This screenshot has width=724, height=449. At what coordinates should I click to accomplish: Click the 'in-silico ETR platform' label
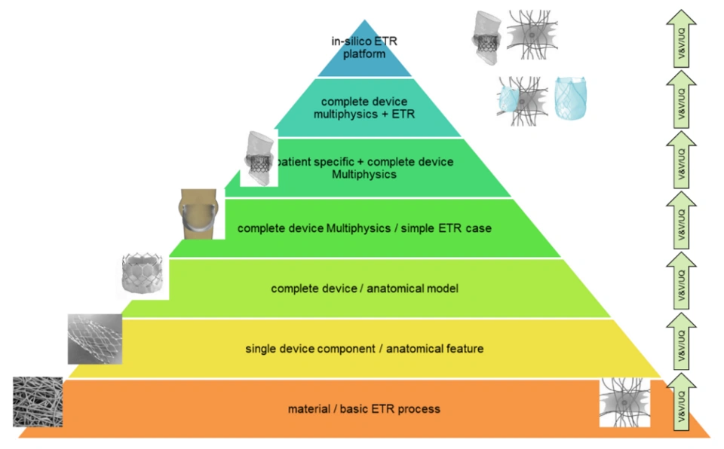pyautogui.click(x=364, y=47)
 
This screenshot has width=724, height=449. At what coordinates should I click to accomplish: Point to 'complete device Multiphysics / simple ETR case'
pyautogui.click(x=364, y=228)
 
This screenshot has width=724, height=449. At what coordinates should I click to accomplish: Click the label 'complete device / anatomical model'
pyautogui.click(x=365, y=288)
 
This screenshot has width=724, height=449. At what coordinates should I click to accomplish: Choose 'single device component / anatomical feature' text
pyautogui.click(x=364, y=348)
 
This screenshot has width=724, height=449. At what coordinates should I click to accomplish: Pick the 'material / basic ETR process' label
pyautogui.click(x=364, y=409)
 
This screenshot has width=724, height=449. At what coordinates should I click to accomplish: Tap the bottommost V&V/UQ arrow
pyautogui.click(x=682, y=401)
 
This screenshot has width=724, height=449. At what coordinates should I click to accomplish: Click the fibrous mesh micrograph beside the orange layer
pyautogui.click(x=37, y=402)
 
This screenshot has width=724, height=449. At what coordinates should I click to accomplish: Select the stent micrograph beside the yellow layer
pyautogui.click(x=94, y=339)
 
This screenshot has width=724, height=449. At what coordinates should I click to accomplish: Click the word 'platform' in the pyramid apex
pyautogui.click(x=365, y=54)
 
